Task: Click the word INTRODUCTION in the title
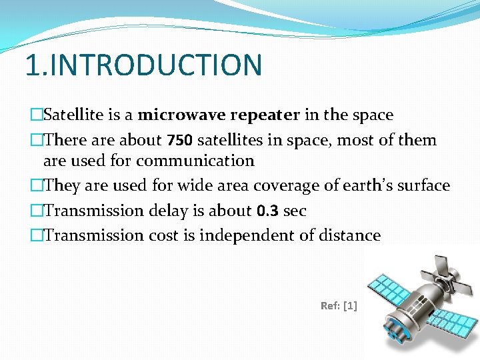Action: coord(157,65)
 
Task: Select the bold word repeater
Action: coord(265,115)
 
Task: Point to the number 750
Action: coord(180,140)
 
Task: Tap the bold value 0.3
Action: coord(267,211)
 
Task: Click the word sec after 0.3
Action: coord(294,211)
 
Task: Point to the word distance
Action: coord(347,235)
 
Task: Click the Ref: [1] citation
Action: coord(339,305)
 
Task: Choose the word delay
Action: coord(162,211)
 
